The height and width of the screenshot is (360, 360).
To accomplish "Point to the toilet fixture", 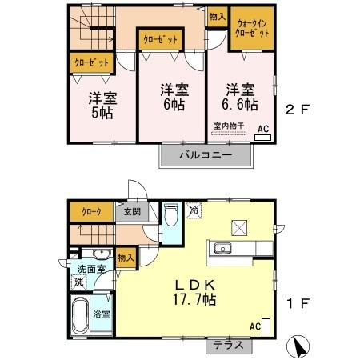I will (x=170, y=216).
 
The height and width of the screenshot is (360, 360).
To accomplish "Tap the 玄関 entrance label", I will (x=131, y=212).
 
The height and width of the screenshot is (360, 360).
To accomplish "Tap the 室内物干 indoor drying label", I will (x=229, y=125).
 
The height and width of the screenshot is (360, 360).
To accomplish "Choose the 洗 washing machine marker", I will (x=79, y=282).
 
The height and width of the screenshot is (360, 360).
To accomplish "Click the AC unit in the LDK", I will (x=266, y=326).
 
